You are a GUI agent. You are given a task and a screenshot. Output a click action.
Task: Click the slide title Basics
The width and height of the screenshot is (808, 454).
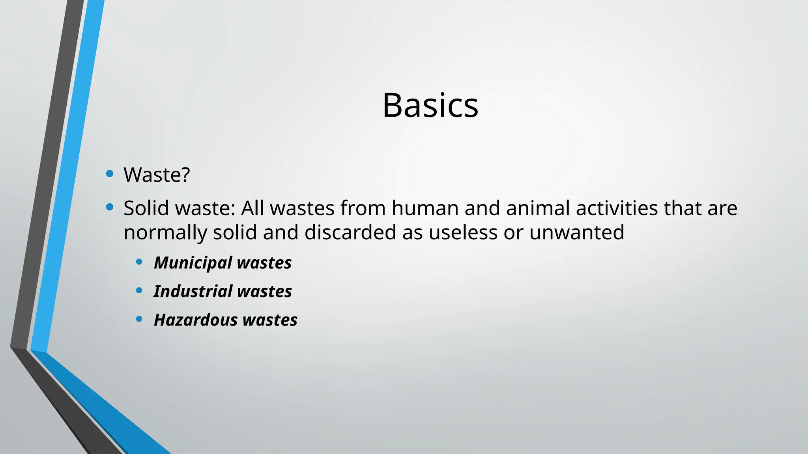[430, 105]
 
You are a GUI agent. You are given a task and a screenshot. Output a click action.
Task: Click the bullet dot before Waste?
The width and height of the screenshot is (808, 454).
[110, 173]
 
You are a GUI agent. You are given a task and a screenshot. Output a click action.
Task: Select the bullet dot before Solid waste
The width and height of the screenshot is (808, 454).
[110, 207]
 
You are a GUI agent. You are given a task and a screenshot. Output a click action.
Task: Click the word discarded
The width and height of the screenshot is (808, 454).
[350, 232]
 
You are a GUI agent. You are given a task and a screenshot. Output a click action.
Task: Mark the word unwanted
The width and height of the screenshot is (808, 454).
[576, 232]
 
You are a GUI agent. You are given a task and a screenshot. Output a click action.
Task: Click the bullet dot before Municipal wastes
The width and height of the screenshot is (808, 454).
[139, 262]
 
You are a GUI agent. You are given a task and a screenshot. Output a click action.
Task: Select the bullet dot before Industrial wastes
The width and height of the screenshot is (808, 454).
[139, 290]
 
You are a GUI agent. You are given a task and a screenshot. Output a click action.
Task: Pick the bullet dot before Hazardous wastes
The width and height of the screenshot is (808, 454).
[139, 319]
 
